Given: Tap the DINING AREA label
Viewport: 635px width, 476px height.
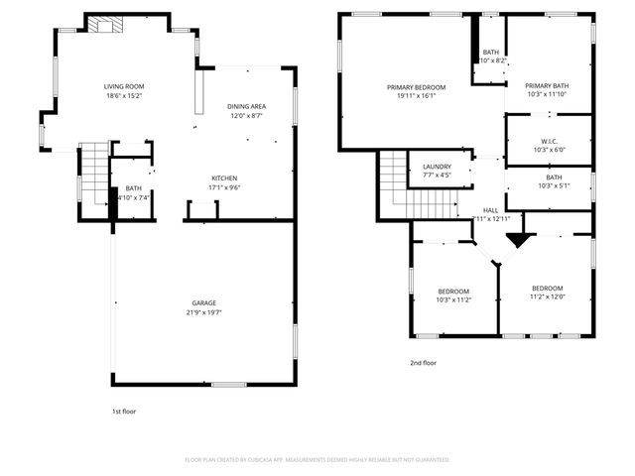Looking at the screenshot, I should [x=246, y=106].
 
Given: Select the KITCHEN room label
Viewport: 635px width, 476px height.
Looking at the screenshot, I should [x=223, y=178].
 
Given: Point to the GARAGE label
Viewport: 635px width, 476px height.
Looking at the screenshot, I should [x=203, y=302].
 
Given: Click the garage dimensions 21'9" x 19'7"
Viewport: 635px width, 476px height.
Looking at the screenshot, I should [x=203, y=312].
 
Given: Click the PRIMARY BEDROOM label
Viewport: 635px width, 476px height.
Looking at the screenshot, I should [x=416, y=87].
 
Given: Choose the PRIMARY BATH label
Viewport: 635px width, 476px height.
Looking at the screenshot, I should [x=547, y=85].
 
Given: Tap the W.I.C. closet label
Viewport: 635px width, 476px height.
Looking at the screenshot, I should [x=549, y=141].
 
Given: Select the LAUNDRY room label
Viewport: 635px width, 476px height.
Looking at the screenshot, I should [x=437, y=167].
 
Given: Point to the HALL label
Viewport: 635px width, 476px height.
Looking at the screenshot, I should [x=490, y=210].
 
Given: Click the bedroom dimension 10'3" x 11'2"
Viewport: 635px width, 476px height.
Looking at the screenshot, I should [x=452, y=299].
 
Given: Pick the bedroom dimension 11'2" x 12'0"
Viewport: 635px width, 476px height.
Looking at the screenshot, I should [x=547, y=296].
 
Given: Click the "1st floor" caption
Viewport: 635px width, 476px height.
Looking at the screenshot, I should [x=124, y=411].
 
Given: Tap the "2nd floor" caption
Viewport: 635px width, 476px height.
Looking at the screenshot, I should [x=424, y=363].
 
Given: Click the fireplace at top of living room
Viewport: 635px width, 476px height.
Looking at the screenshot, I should [x=101, y=25].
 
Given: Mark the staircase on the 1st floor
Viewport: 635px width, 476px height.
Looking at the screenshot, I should [x=93, y=171].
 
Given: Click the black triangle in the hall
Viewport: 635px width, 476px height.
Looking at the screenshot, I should [x=515, y=239].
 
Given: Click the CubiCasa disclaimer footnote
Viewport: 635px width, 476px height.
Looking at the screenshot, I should [x=317, y=460].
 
